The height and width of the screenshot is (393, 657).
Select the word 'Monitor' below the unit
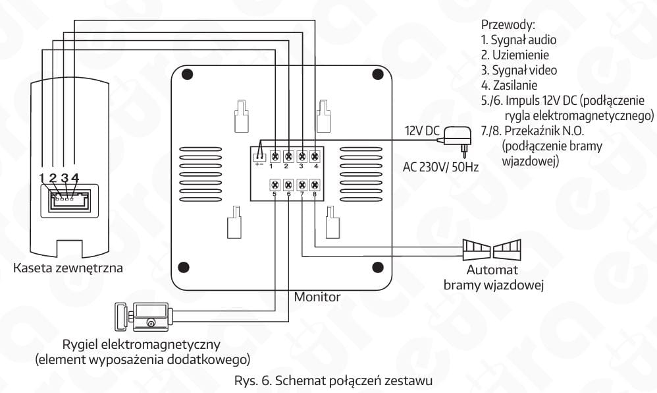(x=317, y=297)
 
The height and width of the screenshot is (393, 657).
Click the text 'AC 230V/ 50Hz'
(x=440, y=167)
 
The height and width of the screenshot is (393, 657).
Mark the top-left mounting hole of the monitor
(x=191, y=75)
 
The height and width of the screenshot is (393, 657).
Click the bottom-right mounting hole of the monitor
(x=378, y=267)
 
